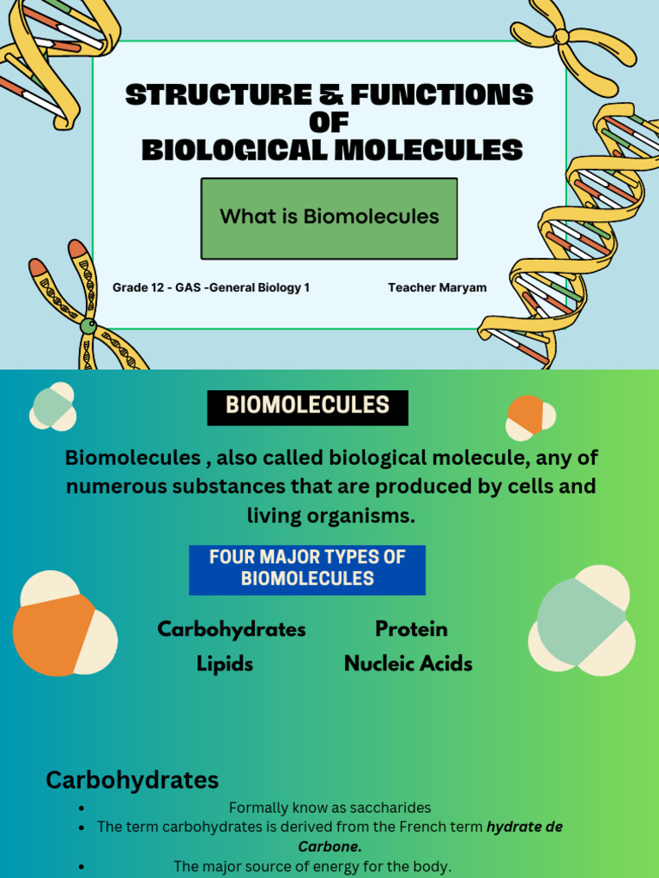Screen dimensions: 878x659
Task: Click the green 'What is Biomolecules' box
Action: click(x=329, y=218)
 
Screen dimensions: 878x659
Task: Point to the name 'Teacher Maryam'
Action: click(x=437, y=288)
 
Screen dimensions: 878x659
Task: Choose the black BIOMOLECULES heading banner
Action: click(x=307, y=407)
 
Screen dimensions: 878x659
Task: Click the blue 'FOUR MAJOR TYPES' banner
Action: click(x=307, y=568)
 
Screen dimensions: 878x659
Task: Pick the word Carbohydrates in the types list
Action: click(x=232, y=629)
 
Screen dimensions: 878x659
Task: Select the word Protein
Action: click(x=411, y=629)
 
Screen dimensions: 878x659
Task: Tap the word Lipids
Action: click(x=225, y=664)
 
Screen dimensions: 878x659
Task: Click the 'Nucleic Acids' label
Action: click(x=408, y=664)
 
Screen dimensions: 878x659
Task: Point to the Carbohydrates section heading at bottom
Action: click(x=132, y=780)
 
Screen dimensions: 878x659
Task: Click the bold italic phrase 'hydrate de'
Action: click(x=524, y=827)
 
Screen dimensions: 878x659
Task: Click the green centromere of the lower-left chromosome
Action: click(x=88, y=326)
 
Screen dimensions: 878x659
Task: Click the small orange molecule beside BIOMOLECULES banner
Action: click(x=526, y=415)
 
